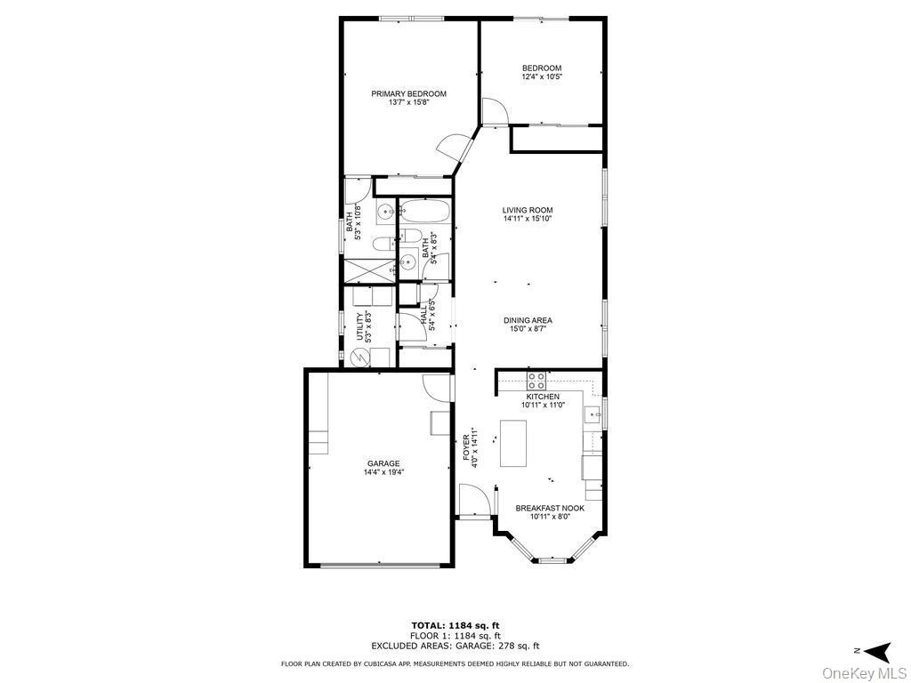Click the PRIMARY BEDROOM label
pyautogui.click(x=408, y=93)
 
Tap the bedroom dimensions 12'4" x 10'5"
pyautogui.click(x=542, y=77)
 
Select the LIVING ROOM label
pyautogui.click(x=528, y=211)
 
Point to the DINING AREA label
pyautogui.click(x=528, y=320)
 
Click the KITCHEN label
pyautogui.click(x=543, y=397)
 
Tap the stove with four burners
pyautogui.click(x=536, y=381)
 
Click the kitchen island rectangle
pyautogui.click(x=513, y=443)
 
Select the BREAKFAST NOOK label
pyautogui.click(x=550, y=509)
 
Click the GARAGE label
pyautogui.click(x=383, y=463)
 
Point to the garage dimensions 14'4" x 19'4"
pyautogui.click(x=383, y=473)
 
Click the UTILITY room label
pyautogui.click(x=360, y=326)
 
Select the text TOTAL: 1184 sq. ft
pyautogui.click(x=455, y=625)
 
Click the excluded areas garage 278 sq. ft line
pyautogui.click(x=455, y=647)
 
